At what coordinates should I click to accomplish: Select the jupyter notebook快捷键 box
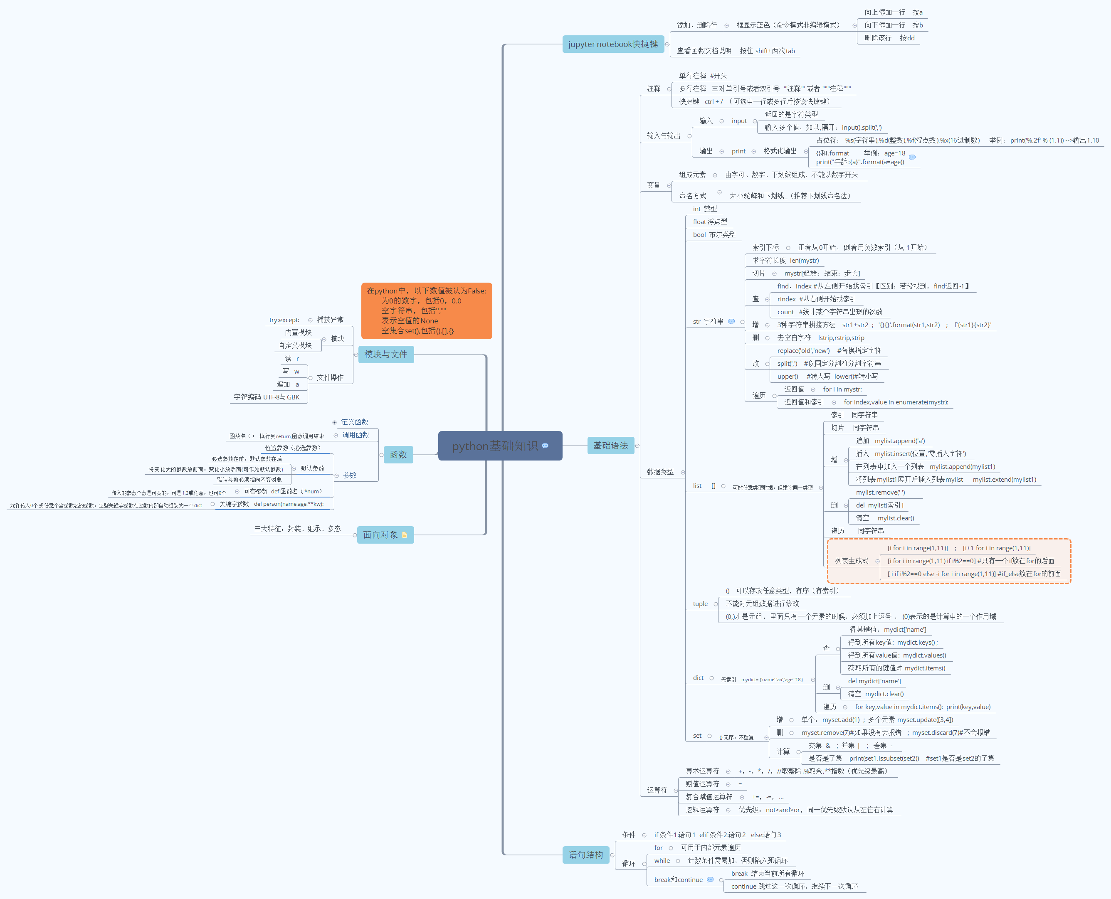click(x=613, y=44)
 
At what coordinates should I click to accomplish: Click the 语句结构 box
click(x=585, y=855)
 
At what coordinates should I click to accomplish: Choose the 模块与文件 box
click(x=385, y=354)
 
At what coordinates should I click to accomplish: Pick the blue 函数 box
click(x=398, y=455)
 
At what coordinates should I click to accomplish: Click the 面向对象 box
click(x=381, y=534)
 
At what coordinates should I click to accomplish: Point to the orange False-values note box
click(x=426, y=311)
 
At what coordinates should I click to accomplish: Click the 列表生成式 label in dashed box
click(x=851, y=561)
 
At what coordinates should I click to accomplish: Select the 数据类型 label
click(x=660, y=472)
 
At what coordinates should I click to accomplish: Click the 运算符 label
click(x=657, y=790)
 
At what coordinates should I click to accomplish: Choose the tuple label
click(x=700, y=604)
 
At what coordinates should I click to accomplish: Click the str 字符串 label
click(x=708, y=322)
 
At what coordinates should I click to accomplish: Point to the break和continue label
click(x=678, y=880)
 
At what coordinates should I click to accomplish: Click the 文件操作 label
click(x=330, y=377)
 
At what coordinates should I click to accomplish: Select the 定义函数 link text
click(x=354, y=422)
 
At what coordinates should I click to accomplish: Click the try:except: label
click(x=284, y=320)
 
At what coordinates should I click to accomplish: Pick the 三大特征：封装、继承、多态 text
click(x=297, y=529)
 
